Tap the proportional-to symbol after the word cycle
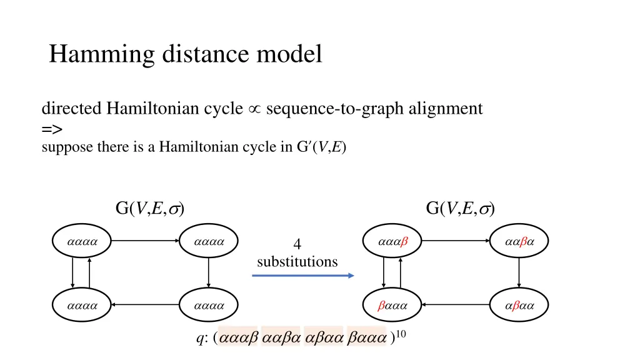click(x=254, y=109)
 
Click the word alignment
click(x=444, y=109)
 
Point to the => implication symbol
click(x=52, y=129)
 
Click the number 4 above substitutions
click(x=297, y=246)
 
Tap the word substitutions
click(x=297, y=261)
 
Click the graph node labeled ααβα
click(x=519, y=240)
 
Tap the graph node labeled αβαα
click(x=519, y=306)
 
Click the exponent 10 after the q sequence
click(x=401, y=334)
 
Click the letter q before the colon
click(x=199, y=340)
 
